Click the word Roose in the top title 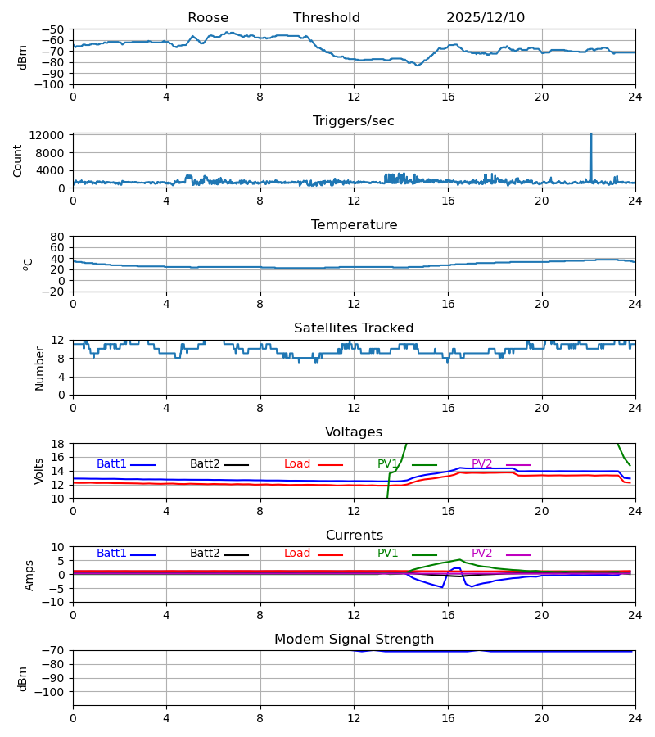pyautogui.click(x=208, y=18)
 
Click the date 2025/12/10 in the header pyautogui.click(x=486, y=18)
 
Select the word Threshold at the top pyautogui.click(x=327, y=18)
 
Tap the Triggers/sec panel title pyautogui.click(x=354, y=121)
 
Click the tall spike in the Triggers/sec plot pyautogui.click(x=591, y=151)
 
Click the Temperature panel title pyautogui.click(x=354, y=225)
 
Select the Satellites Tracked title pyautogui.click(x=354, y=328)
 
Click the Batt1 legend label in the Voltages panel pyautogui.click(x=111, y=464)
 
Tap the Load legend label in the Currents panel pyautogui.click(x=297, y=554)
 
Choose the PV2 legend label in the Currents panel pyautogui.click(x=482, y=554)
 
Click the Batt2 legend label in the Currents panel pyautogui.click(x=205, y=554)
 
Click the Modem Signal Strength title pyautogui.click(x=354, y=640)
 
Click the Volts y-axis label pyautogui.click(x=39, y=471)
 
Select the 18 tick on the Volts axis pyautogui.click(x=58, y=444)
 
